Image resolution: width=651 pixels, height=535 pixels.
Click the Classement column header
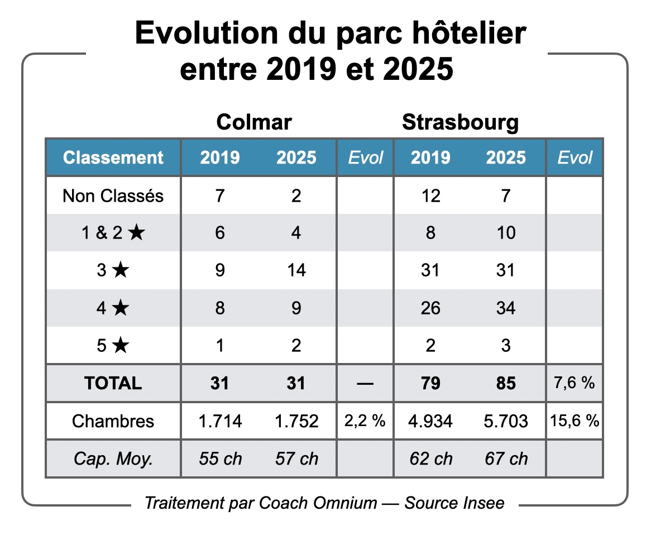click(x=113, y=157)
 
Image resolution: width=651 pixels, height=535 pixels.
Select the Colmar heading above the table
click(x=254, y=122)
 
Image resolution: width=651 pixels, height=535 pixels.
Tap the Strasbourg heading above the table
click(x=460, y=122)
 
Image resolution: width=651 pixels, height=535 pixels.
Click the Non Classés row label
click(x=113, y=196)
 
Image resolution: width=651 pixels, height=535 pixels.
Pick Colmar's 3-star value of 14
click(x=296, y=270)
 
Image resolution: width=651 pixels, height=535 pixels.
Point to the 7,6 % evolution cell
click(x=575, y=383)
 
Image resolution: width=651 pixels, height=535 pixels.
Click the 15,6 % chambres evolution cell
click(x=575, y=421)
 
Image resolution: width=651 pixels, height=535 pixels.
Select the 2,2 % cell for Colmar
click(x=365, y=421)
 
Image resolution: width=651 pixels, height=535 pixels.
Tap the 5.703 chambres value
click(x=506, y=421)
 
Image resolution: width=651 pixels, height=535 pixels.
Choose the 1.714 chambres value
click(x=221, y=421)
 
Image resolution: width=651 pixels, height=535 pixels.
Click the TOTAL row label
click(x=113, y=383)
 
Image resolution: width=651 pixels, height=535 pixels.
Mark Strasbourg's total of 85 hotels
click(x=506, y=383)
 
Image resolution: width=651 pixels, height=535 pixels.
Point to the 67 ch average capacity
click(x=506, y=458)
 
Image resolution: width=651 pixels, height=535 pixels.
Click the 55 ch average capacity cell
click(x=221, y=458)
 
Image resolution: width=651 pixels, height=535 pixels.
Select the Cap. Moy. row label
click(x=113, y=458)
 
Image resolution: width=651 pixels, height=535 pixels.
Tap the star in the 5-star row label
click(x=120, y=346)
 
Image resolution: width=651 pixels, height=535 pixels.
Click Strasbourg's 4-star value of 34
click(x=506, y=308)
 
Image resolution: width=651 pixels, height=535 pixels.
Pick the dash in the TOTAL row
click(x=365, y=383)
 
